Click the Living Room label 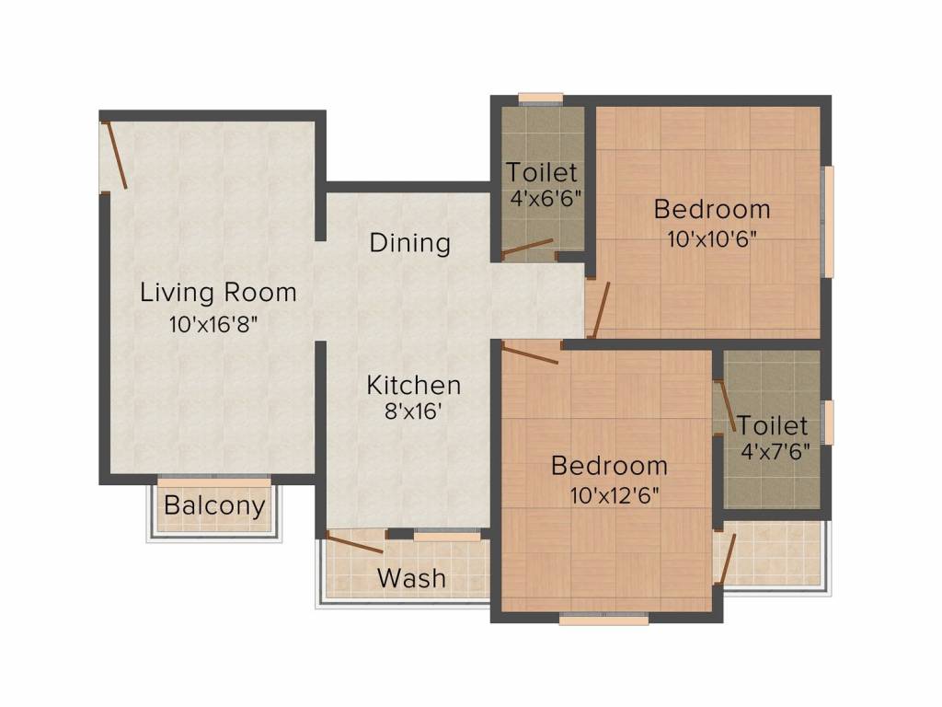(218, 293)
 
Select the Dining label (409, 243)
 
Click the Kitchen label (414, 384)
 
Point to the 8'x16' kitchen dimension (415, 411)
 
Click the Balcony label (214, 505)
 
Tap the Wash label (411, 578)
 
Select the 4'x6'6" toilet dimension (546, 196)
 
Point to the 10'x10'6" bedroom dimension (711, 238)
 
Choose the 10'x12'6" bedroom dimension (615, 494)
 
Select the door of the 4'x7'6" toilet (725, 405)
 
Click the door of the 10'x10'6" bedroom (600, 310)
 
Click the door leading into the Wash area (355, 542)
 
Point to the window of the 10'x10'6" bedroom (828, 221)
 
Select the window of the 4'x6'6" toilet (540, 99)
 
